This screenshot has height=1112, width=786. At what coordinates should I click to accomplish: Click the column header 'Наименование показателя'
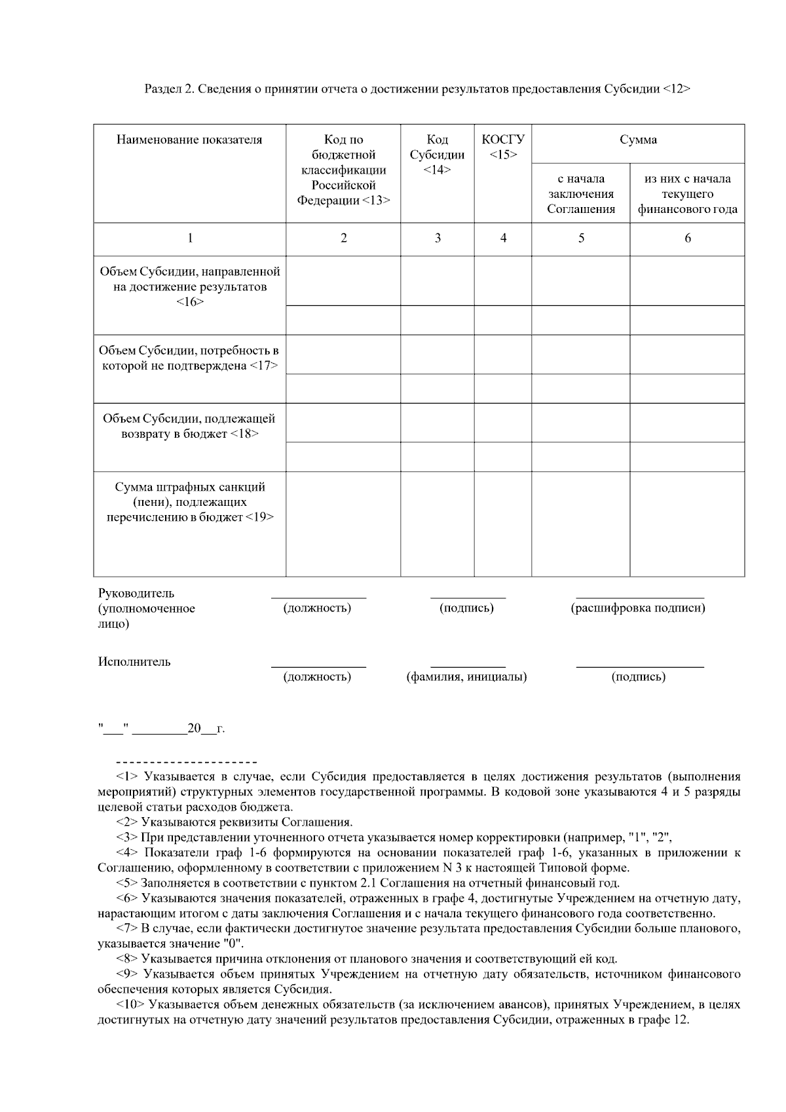[x=189, y=140]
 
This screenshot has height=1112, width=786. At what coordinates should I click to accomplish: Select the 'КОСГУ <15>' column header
[x=503, y=147]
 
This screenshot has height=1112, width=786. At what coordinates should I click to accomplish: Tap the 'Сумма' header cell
[x=638, y=140]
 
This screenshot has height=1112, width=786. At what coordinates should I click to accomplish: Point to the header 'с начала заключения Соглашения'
[x=581, y=194]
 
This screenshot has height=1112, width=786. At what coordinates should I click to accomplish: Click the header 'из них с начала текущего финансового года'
[x=687, y=194]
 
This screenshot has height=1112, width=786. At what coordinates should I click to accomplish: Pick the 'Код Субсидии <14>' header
[x=437, y=155]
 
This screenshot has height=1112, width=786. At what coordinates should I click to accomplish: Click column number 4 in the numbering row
[x=503, y=239]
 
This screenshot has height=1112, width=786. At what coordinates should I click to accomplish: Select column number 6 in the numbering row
[x=687, y=239]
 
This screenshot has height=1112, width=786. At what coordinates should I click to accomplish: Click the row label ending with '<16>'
[x=189, y=287]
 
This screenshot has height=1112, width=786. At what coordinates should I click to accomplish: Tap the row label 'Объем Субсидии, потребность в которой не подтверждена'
[x=189, y=358]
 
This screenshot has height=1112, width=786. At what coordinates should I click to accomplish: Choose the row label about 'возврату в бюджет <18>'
[x=189, y=426]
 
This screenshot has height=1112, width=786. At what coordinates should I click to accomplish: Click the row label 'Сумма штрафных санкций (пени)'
[x=189, y=502]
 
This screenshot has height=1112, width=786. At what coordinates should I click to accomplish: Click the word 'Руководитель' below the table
[x=136, y=594]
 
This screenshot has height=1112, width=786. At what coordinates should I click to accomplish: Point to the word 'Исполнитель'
[x=134, y=662]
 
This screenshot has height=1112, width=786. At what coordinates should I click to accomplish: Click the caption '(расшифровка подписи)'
[x=638, y=608]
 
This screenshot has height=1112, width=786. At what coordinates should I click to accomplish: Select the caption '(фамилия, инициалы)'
[x=466, y=677]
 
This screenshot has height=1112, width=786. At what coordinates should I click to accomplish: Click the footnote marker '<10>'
[x=130, y=1005]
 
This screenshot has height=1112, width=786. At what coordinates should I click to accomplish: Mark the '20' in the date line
[x=194, y=729]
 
